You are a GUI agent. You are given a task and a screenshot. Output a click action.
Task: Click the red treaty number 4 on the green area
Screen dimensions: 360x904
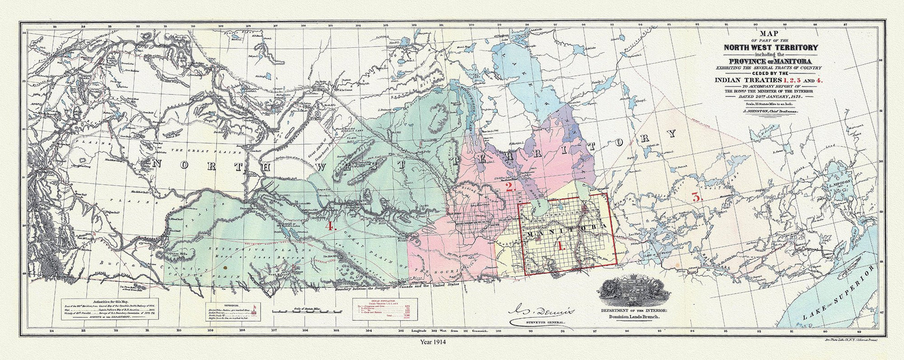click(330, 227)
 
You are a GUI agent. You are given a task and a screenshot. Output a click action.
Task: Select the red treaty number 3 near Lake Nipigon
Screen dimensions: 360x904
click(696, 196)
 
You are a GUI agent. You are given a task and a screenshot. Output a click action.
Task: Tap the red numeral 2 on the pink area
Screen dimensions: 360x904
click(509, 188)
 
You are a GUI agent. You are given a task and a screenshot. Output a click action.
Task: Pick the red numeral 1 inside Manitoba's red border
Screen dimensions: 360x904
click(561, 245)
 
